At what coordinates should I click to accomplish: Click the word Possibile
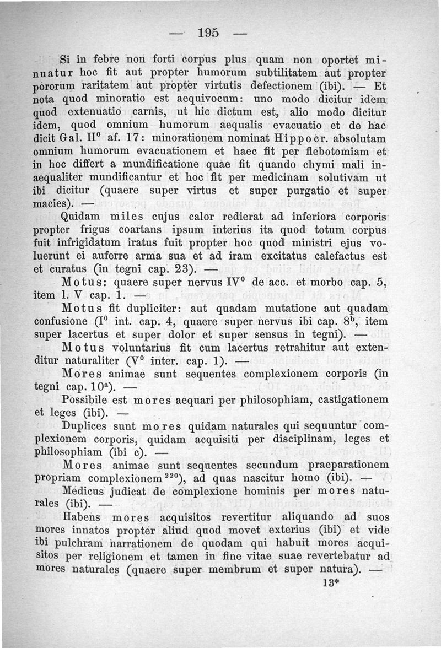(88, 398)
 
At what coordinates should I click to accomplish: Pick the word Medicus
(85, 490)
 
